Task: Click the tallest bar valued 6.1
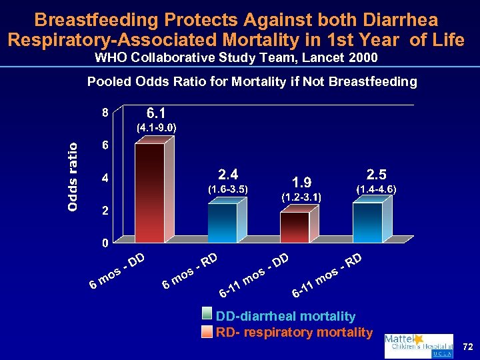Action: [x=149, y=192]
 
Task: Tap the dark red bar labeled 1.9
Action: [x=294, y=227]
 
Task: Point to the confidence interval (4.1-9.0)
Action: [x=156, y=127]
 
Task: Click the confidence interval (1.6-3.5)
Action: [x=228, y=189]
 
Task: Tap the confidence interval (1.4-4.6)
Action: [x=376, y=189]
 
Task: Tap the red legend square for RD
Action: [x=209, y=332]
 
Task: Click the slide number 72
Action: [x=467, y=347]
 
